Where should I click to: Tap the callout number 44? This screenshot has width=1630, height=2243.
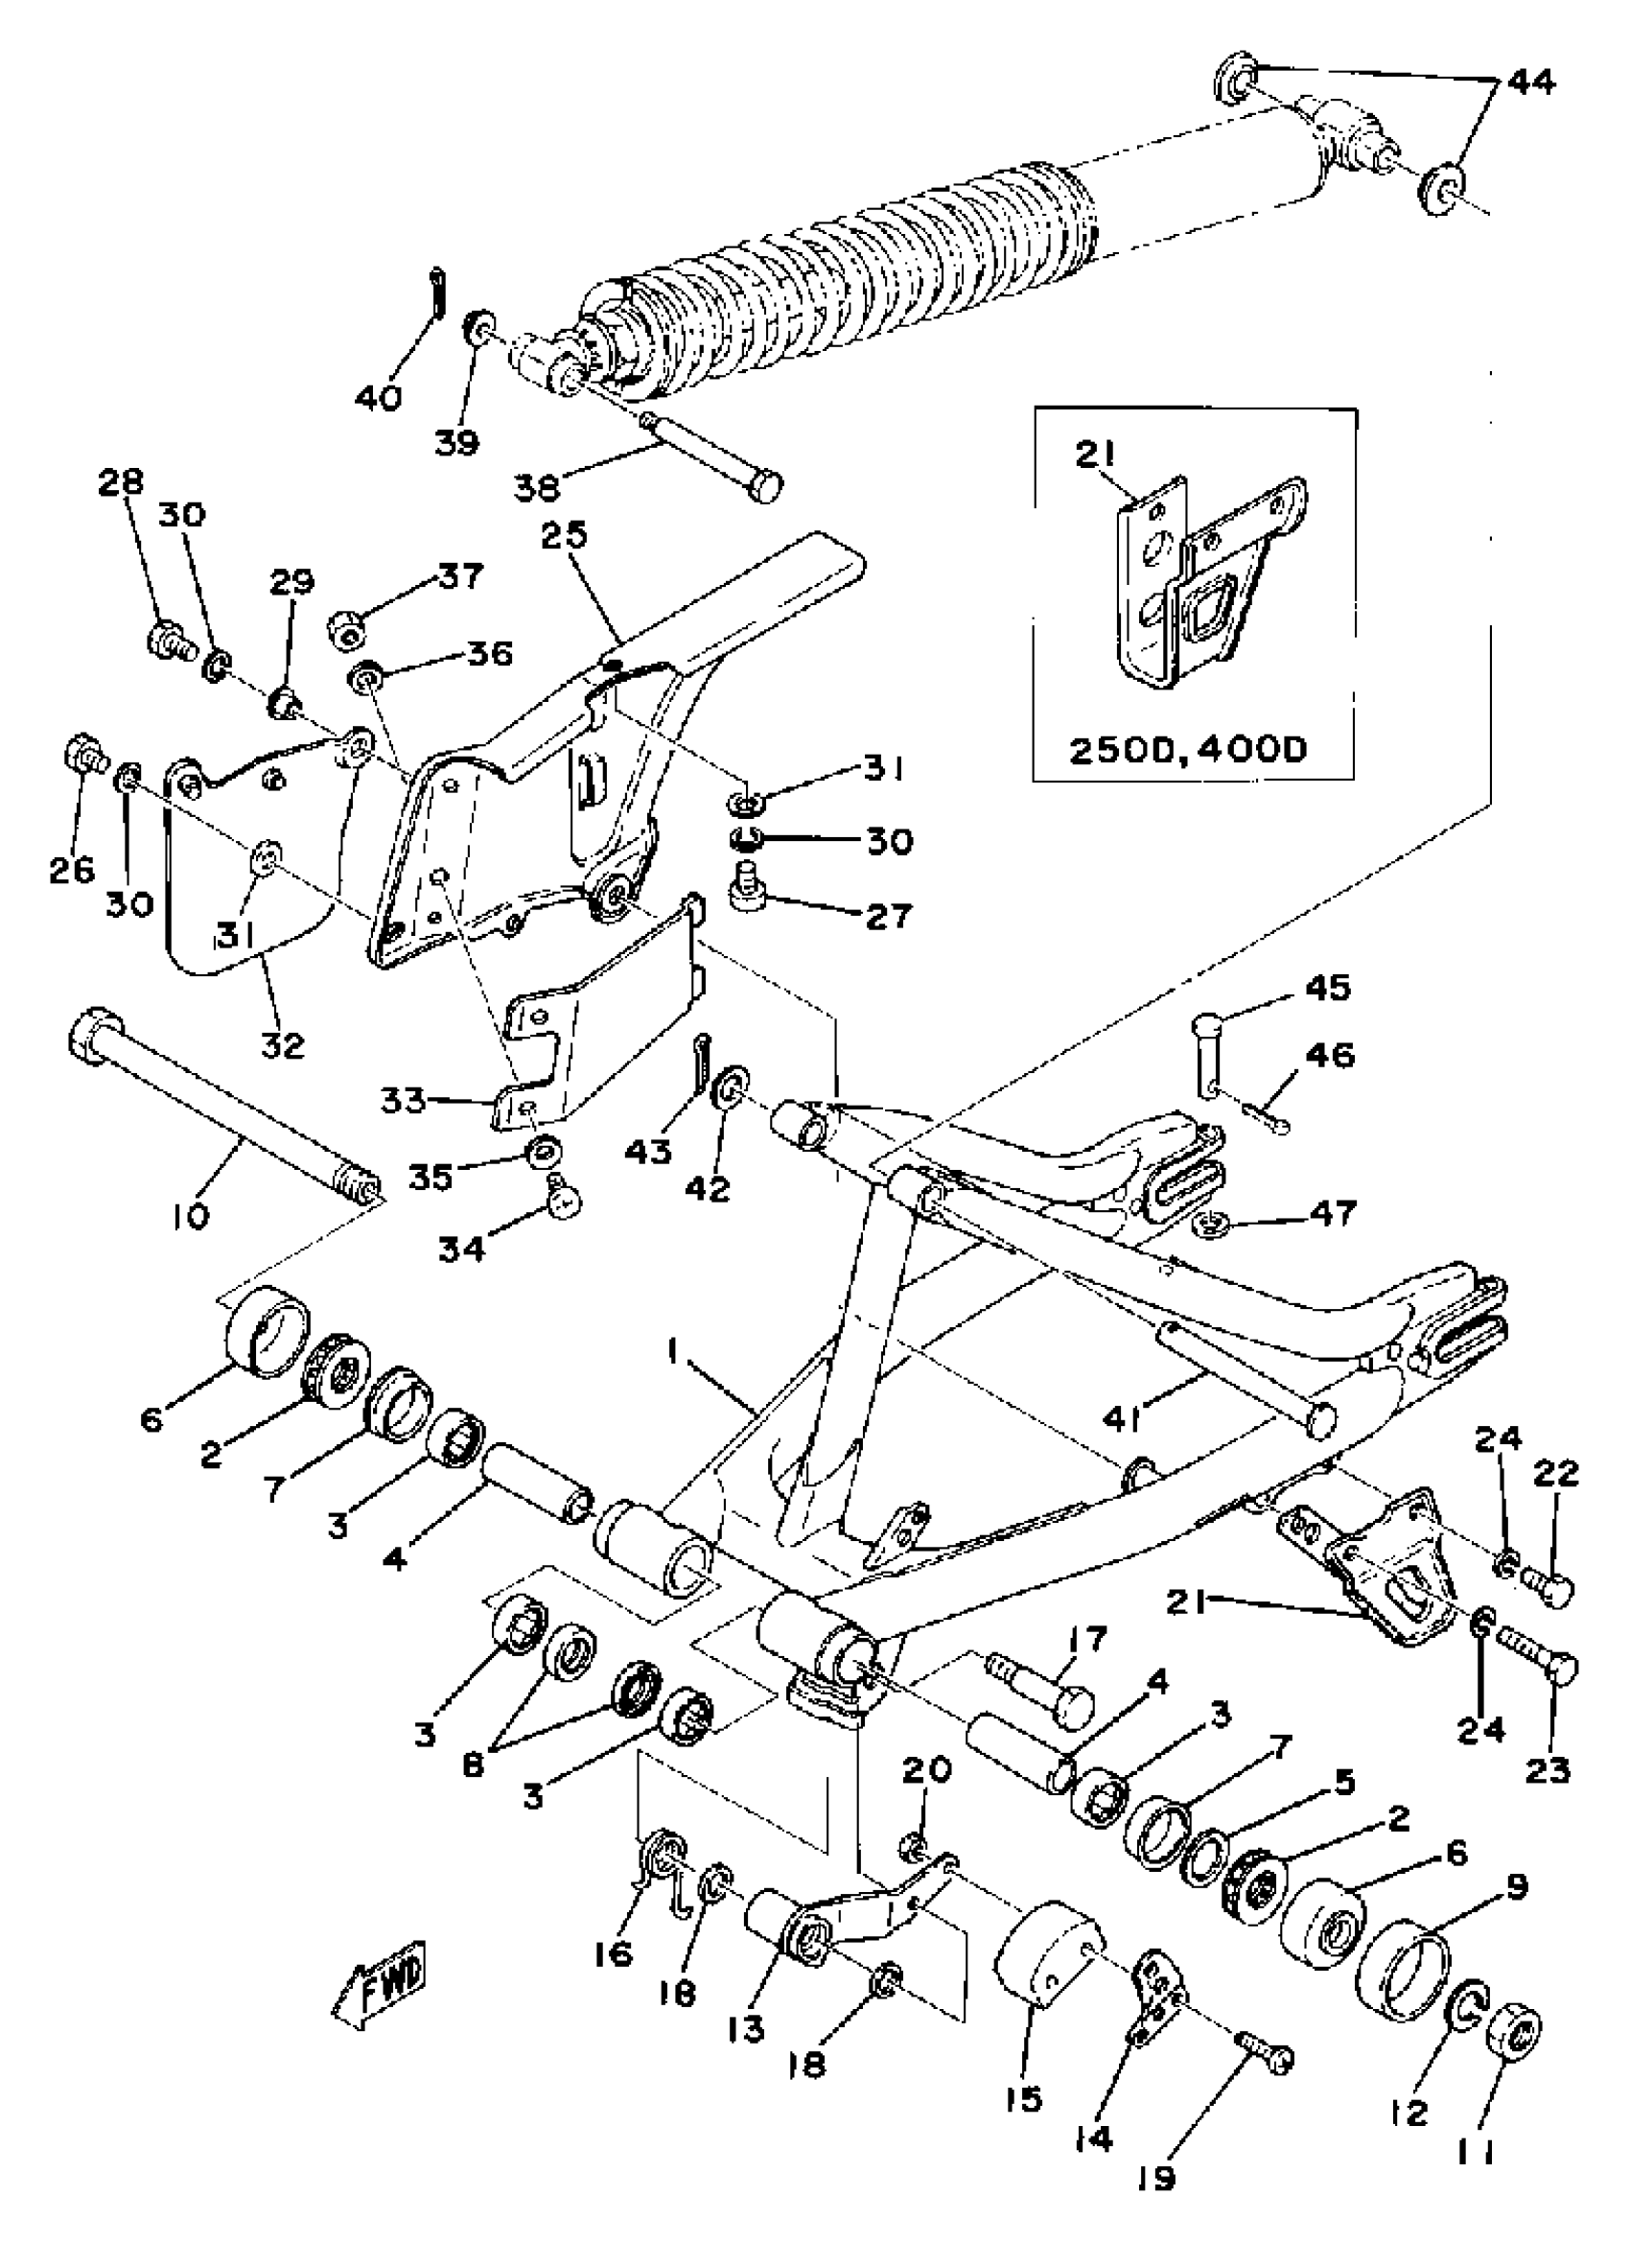[x=1530, y=82]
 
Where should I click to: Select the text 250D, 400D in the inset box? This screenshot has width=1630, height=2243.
[x=1188, y=749]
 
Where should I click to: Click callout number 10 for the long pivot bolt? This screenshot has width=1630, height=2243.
[x=190, y=1215]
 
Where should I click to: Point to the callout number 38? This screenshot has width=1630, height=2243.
[x=538, y=485]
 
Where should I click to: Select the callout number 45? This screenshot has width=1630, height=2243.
[x=1327, y=987]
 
